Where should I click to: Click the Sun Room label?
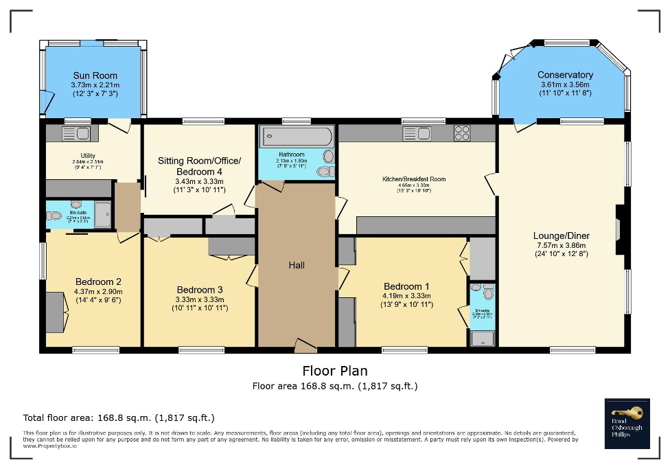tap(95, 76)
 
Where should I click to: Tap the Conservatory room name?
tap(565, 75)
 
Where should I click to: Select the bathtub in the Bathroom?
tap(295, 136)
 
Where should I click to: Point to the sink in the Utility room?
tap(76, 133)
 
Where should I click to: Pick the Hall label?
tap(297, 265)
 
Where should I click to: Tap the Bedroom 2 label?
tap(98, 282)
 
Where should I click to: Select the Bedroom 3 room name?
tap(199, 290)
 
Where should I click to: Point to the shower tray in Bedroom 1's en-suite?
tap(481, 337)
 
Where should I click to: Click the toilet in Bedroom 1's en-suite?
tap(487, 293)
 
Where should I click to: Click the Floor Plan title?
tap(334, 371)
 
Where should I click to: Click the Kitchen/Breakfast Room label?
tap(414, 179)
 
